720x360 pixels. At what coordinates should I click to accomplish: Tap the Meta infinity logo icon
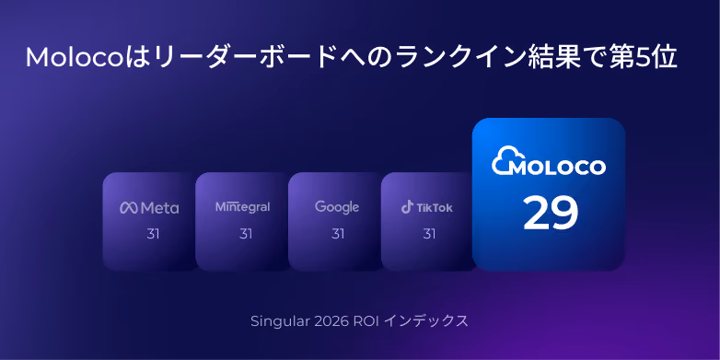tap(129, 208)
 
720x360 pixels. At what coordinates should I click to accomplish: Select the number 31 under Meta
tap(153, 234)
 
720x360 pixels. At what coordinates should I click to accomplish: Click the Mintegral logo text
tap(242, 207)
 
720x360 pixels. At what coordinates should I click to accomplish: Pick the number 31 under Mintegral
tap(246, 234)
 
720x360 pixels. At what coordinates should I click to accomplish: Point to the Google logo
tap(337, 207)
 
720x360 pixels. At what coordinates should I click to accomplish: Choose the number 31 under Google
tap(338, 234)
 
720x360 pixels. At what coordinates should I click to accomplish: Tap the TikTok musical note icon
tap(407, 207)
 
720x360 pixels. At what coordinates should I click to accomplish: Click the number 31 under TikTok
tap(429, 234)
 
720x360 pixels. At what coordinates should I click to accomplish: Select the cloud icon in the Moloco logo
tap(505, 160)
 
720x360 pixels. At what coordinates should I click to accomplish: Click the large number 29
tap(551, 214)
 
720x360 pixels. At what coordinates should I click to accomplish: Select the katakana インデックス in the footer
tap(425, 321)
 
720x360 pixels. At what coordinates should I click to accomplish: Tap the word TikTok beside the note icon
tap(435, 207)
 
